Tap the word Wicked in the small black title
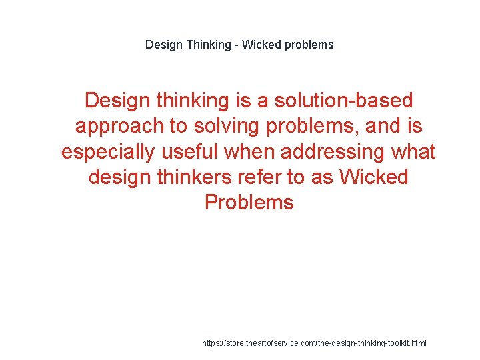262,45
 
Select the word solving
219,126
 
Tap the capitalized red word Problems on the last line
249,202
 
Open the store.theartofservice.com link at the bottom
314,343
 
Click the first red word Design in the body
117,101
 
